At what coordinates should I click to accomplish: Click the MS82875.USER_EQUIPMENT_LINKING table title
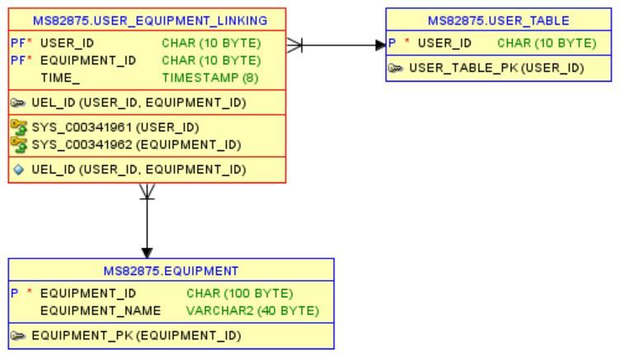(149, 20)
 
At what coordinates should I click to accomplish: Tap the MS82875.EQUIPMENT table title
(171, 270)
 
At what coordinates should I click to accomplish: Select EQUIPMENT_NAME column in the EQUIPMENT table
(100, 310)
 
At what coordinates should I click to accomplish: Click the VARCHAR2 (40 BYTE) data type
(253, 310)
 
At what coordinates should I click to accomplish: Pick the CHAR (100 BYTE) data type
(240, 293)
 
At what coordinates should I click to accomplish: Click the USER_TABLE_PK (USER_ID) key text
(496, 68)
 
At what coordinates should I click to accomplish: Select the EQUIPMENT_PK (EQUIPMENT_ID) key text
(136, 335)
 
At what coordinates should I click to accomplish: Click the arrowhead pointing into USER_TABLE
(380, 44)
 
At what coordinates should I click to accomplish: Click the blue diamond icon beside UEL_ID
(18, 169)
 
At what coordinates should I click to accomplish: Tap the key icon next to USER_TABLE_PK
(396, 68)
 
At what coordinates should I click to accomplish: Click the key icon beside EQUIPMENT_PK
(18, 335)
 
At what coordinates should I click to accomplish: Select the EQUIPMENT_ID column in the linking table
(87, 60)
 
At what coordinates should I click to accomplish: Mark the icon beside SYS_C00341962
(18, 144)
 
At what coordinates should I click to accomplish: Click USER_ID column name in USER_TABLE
(444, 43)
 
